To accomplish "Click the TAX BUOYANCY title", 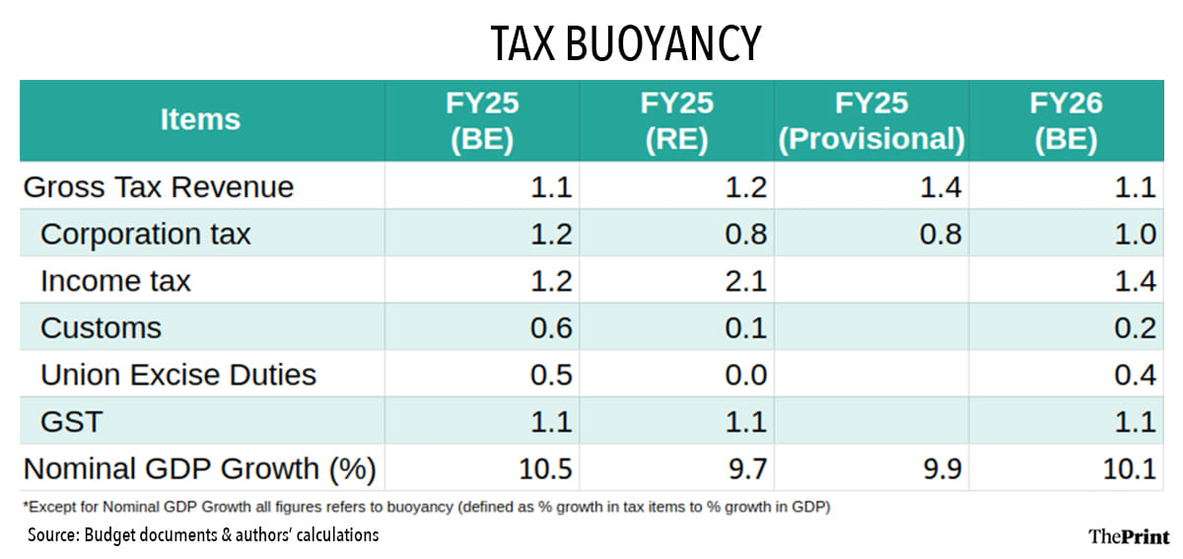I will click(626, 42).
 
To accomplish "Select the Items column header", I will click(200, 119).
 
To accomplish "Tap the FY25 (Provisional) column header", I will click(871, 120).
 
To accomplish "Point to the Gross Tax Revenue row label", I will click(158, 187).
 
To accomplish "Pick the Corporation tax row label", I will click(146, 234).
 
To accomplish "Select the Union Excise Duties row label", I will click(178, 375).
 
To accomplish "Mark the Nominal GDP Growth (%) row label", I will click(199, 468).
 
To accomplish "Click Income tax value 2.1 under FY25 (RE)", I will click(745, 281).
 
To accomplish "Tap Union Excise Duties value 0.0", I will click(745, 375).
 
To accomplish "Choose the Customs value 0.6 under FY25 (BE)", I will click(550, 327).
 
